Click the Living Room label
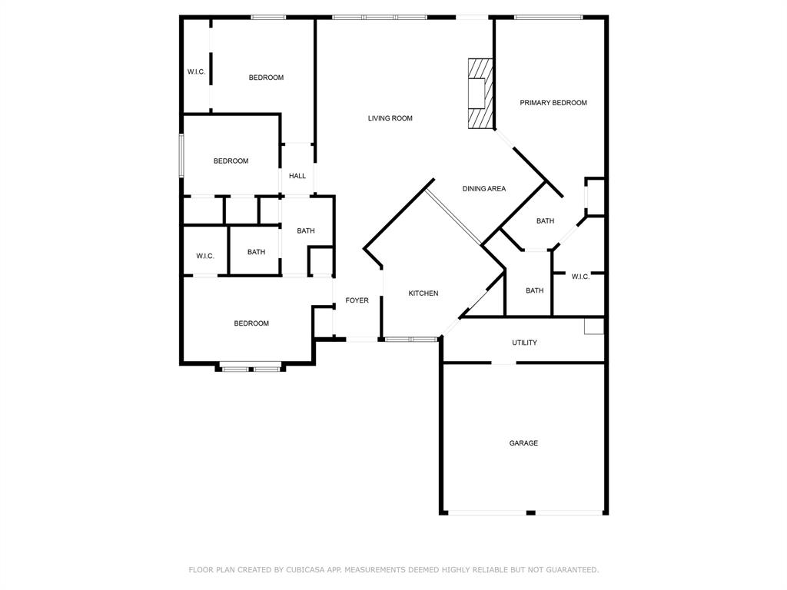(x=390, y=118)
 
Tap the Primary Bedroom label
(x=553, y=103)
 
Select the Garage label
(x=523, y=443)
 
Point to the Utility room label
(x=524, y=343)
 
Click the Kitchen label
(x=423, y=293)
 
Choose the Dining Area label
(x=484, y=189)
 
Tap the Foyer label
(x=357, y=300)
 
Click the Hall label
(x=297, y=176)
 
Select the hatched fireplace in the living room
(x=481, y=94)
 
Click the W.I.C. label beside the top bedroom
(x=196, y=71)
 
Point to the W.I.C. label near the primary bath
(x=580, y=277)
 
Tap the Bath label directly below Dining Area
(x=545, y=220)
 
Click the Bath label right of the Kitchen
(x=535, y=290)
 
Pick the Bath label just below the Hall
(x=306, y=230)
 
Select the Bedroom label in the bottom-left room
(x=251, y=323)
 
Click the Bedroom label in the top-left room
(x=266, y=78)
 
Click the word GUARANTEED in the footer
(x=572, y=570)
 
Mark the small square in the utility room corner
(x=594, y=326)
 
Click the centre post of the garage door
(x=530, y=512)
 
